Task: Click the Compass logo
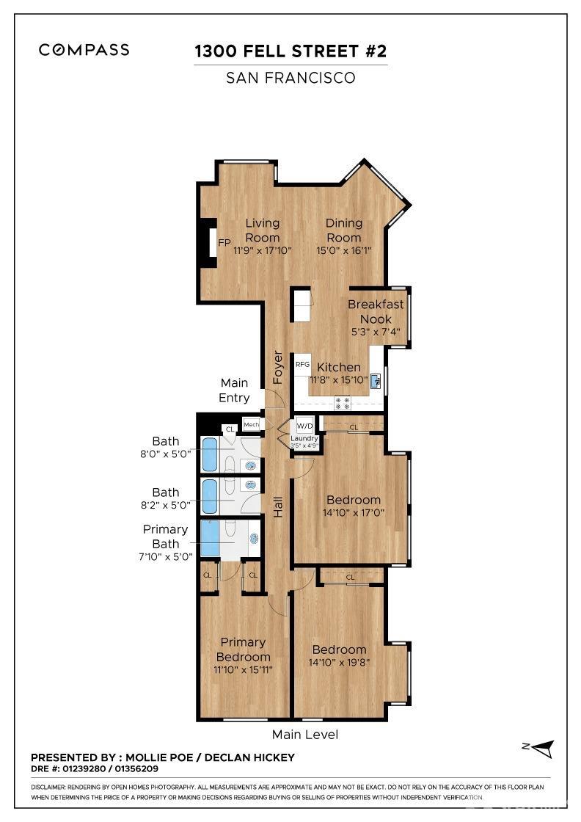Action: [x=84, y=50]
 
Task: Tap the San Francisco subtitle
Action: [x=290, y=77]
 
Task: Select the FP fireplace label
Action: [x=224, y=243]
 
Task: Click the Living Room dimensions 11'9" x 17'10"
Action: [x=263, y=250]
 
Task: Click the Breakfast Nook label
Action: [x=375, y=312]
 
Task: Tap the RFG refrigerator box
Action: [x=302, y=364]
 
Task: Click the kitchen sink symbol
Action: [x=376, y=380]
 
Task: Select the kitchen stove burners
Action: [x=343, y=402]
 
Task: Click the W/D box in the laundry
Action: [x=304, y=426]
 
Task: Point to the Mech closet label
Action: [x=252, y=425]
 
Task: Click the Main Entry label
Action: [x=235, y=390]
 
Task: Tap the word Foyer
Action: [x=278, y=367]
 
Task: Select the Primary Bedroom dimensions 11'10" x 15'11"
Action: [x=243, y=669]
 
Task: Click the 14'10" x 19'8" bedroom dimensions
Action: [x=339, y=663]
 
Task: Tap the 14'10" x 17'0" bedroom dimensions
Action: [x=354, y=513]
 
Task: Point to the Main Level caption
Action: [x=305, y=734]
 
